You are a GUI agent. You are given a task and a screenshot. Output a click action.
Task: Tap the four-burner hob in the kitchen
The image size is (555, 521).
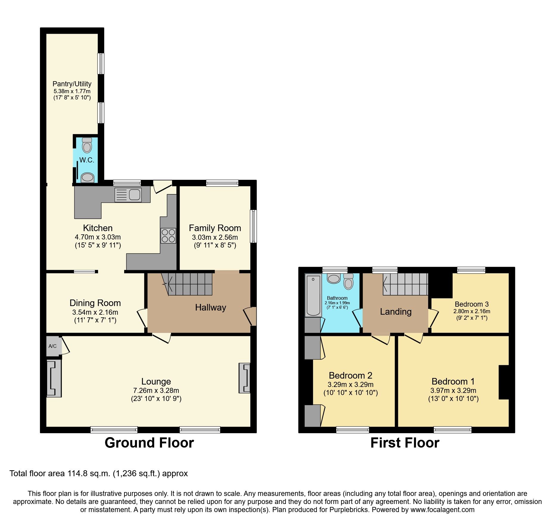168,236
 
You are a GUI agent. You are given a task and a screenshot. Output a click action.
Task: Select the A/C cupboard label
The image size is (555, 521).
53,346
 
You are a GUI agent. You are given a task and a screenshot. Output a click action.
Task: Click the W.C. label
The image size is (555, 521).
87,160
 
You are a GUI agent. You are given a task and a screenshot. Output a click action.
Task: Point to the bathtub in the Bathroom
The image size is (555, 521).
313,295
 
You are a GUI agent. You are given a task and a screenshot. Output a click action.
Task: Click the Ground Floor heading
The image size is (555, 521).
149,442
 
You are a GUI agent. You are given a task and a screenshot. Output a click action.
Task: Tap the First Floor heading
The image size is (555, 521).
405,442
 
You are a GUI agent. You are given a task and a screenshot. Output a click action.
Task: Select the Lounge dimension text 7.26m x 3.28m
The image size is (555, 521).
156,391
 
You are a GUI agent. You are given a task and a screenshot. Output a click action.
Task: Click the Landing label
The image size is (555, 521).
396,312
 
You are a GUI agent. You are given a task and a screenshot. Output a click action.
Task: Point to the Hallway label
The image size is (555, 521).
210,308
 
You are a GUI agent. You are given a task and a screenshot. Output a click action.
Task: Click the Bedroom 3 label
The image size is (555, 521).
471,304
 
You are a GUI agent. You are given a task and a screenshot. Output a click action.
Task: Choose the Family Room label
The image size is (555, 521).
215,228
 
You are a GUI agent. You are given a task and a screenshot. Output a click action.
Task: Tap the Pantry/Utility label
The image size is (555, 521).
72,84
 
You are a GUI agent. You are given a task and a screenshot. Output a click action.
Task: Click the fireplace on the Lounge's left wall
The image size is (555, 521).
54,378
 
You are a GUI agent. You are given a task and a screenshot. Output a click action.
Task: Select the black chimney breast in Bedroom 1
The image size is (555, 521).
504,382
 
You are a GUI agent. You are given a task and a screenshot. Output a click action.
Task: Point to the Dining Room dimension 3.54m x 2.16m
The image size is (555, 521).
95,312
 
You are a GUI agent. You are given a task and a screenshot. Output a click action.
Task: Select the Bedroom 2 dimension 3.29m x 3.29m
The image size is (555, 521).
351,385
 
